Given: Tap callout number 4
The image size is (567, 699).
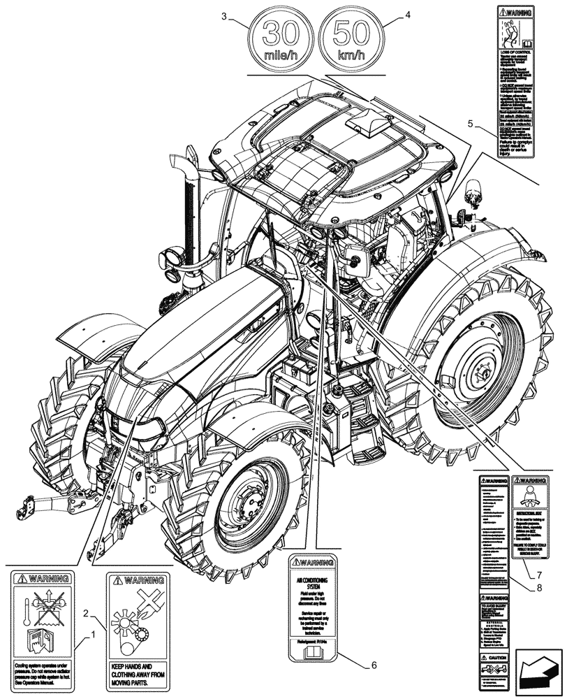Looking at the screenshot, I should (x=408, y=14).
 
